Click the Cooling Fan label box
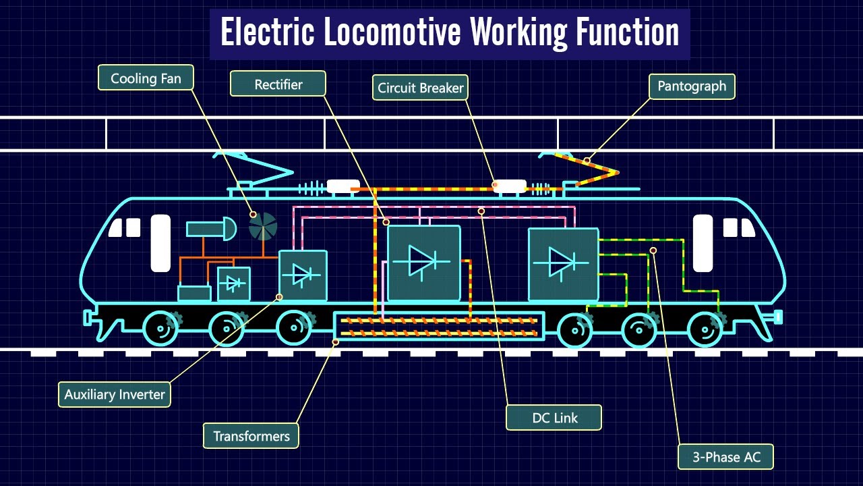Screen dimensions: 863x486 click(x=146, y=78)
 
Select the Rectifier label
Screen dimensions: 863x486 click(x=278, y=83)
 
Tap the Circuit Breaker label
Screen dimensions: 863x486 click(x=420, y=88)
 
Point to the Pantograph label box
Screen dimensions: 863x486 click(x=692, y=86)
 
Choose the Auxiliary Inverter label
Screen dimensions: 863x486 click(x=115, y=394)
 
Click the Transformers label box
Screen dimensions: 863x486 click(x=251, y=436)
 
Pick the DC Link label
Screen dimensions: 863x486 click(x=554, y=417)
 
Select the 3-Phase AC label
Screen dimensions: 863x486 click(x=725, y=457)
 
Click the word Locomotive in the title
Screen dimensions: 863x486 click(x=392, y=31)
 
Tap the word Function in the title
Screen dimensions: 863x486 click(x=627, y=31)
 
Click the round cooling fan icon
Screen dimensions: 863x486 click(x=263, y=227)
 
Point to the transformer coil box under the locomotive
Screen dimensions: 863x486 click(x=439, y=326)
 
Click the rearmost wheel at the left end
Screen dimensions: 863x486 click(x=161, y=329)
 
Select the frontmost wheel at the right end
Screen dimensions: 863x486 click(x=706, y=329)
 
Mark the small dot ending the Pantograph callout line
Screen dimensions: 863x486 click(x=587, y=160)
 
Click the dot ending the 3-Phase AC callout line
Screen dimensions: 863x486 click(x=653, y=250)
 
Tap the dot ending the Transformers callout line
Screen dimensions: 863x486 click(x=336, y=342)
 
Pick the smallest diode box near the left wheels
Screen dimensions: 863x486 click(x=234, y=284)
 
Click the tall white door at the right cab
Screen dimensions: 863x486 click(x=703, y=244)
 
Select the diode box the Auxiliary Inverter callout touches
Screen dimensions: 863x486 click(x=303, y=275)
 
